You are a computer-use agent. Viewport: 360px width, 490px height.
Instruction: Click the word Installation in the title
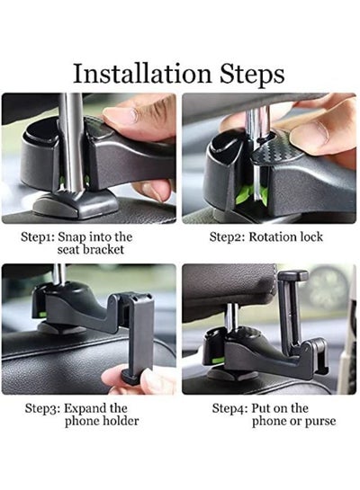coord(142,73)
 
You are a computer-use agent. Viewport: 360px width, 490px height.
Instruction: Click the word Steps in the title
coord(252,75)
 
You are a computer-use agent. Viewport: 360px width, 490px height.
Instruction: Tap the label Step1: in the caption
coord(38,237)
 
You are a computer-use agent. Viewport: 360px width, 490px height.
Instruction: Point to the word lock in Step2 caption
coord(311,236)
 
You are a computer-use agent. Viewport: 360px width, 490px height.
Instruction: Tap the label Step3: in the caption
coord(42,408)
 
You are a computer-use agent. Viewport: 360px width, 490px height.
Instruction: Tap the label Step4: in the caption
coord(229,408)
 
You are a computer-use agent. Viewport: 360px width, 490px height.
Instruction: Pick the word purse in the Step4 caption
coord(320,422)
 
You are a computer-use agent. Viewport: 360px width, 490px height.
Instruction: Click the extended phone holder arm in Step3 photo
coord(137,337)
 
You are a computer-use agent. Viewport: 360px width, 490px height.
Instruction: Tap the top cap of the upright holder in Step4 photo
coord(293,275)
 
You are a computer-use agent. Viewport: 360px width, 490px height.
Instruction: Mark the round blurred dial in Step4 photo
coord(328,288)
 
